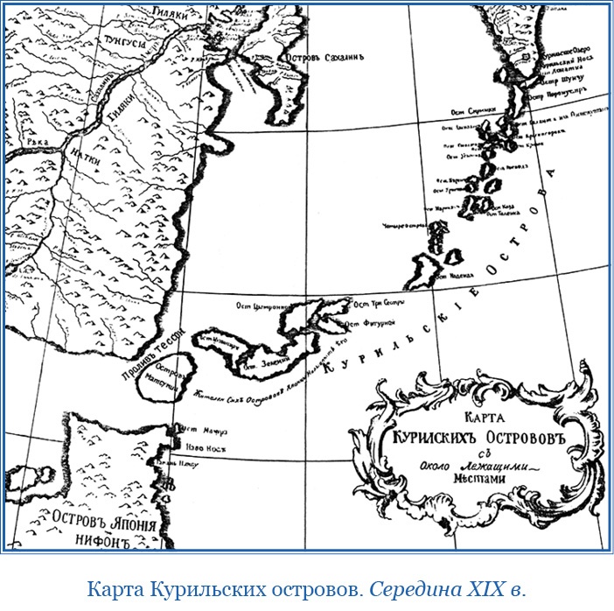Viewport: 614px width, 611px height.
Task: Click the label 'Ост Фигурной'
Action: pos(373,320)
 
